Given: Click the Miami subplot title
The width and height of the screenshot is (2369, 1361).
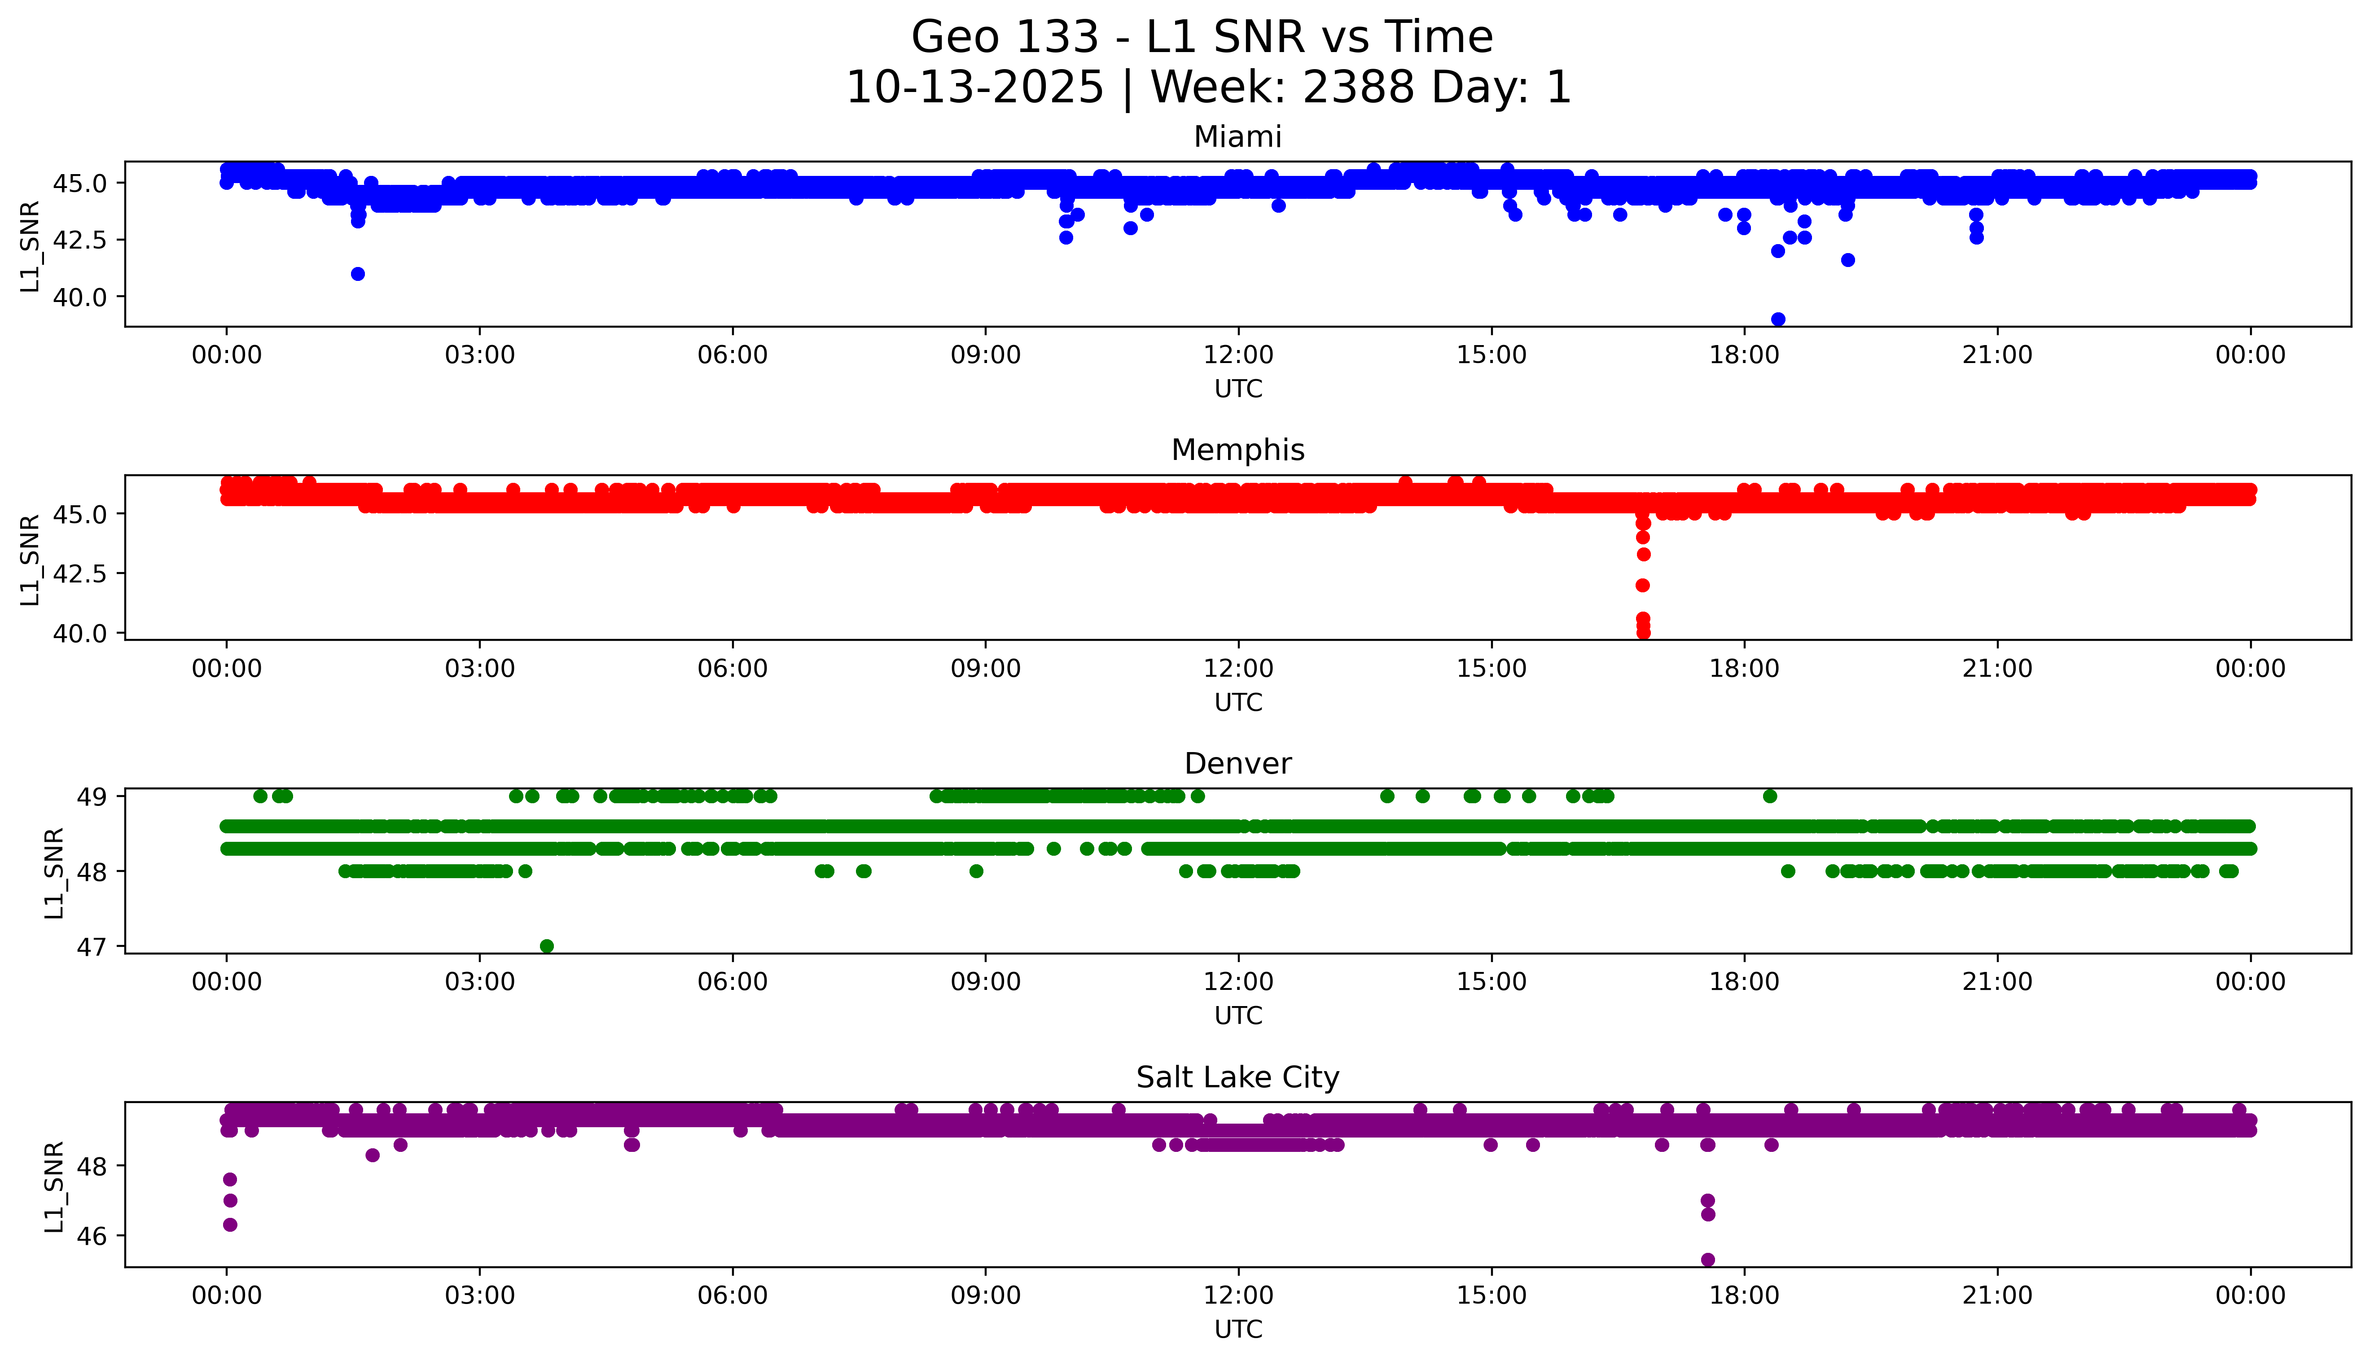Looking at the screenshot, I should [1237, 137].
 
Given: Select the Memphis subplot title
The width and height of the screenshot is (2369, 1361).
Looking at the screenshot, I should [1237, 451].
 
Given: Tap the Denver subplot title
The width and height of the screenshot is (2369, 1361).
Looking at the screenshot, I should [1237, 764].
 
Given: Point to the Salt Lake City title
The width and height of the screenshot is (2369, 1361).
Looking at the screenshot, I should [1237, 1078].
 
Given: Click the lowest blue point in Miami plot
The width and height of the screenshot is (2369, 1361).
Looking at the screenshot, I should [1777, 319].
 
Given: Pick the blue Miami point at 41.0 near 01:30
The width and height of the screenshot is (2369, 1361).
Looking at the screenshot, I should [357, 274].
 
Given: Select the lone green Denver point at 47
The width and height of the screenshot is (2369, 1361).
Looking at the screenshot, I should [547, 946].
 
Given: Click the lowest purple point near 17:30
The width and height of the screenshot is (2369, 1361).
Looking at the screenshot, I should [1707, 1259].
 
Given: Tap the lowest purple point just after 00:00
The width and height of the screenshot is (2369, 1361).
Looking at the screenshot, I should [230, 1225].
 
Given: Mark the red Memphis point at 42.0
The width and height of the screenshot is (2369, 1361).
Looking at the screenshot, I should [1643, 585].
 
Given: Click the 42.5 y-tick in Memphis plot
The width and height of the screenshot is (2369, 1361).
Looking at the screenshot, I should [86, 573].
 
